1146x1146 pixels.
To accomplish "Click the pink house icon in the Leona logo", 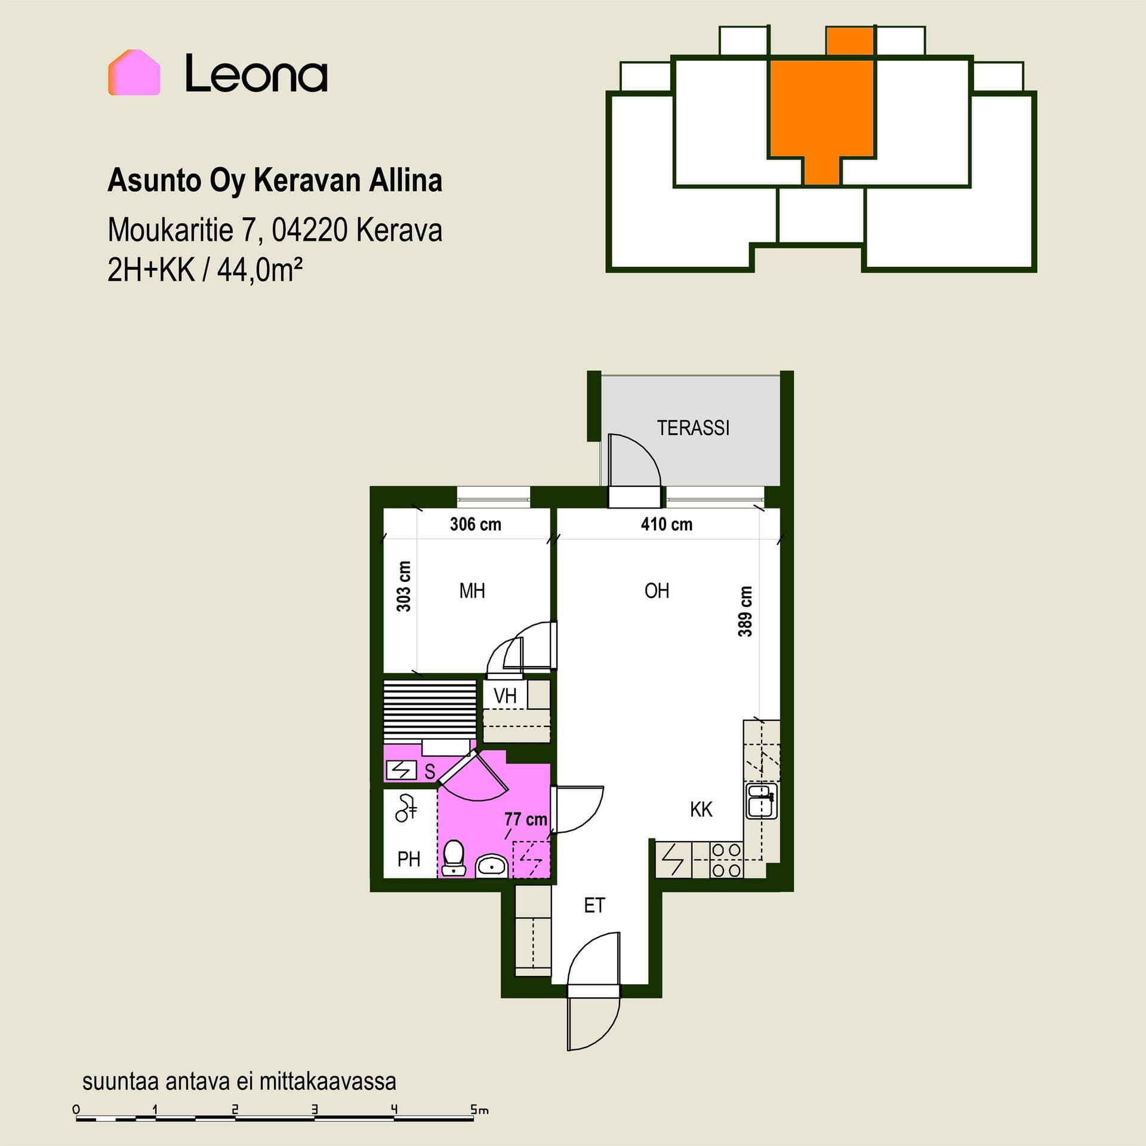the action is (134, 72).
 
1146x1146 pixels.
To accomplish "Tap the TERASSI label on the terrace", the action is (693, 428).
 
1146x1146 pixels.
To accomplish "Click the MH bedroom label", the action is (472, 591).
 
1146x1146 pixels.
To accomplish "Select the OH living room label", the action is (657, 591).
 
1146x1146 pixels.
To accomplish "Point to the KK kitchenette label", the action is (701, 810).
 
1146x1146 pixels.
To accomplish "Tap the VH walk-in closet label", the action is (505, 695).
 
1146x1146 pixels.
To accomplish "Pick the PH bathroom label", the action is (409, 860).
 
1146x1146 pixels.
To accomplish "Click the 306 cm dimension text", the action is (475, 524).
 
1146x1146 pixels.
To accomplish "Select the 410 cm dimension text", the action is (667, 524).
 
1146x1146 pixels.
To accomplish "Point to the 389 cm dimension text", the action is (745, 612).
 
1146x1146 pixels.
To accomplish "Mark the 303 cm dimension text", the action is (404, 587).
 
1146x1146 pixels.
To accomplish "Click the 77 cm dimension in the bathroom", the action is (526, 819).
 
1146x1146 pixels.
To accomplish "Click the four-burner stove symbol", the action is (726, 860).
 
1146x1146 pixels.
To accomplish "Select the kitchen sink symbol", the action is (762, 802).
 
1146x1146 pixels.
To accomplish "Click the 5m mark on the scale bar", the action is (479, 1110).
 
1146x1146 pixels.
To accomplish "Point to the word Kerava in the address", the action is (399, 230).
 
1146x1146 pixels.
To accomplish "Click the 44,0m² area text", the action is (260, 270).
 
